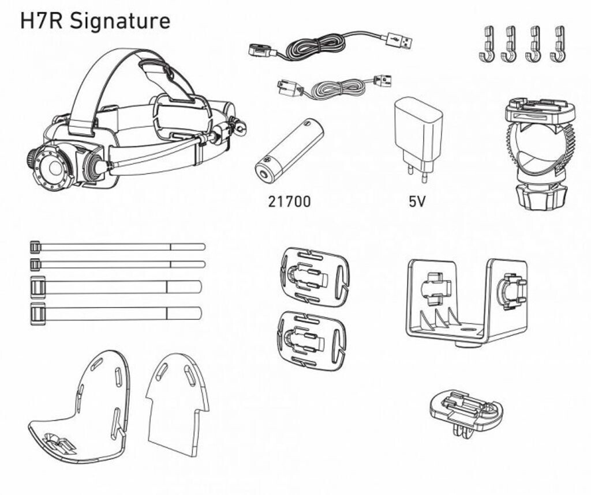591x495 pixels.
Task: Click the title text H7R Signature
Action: (x=95, y=21)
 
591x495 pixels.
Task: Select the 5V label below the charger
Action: (x=417, y=202)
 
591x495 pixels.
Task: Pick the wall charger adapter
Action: (x=418, y=140)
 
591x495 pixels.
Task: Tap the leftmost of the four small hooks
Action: (x=487, y=44)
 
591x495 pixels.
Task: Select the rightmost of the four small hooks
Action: (x=558, y=44)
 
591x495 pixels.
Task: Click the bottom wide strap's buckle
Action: (x=38, y=313)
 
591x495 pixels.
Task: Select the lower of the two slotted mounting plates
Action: (x=312, y=340)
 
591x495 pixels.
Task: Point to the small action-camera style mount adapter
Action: (x=466, y=412)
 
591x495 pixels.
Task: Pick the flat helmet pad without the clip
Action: (x=177, y=405)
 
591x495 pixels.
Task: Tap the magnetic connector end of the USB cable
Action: (x=263, y=51)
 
